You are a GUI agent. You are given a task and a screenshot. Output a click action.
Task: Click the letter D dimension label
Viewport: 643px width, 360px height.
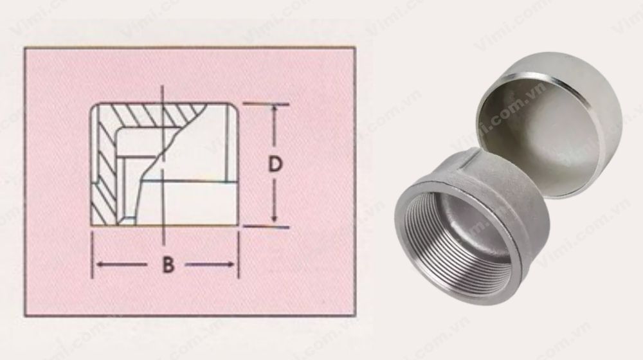pyautogui.click(x=275, y=165)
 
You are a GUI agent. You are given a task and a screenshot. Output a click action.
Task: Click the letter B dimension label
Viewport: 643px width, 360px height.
pyautogui.click(x=167, y=265)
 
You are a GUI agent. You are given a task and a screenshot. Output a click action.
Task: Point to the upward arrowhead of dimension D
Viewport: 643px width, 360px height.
pyautogui.click(x=275, y=111)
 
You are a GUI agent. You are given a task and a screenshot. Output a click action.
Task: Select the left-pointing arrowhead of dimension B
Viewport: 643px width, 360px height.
pyautogui.click(x=99, y=264)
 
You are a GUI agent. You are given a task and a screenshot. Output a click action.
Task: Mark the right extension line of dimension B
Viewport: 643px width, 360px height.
pyautogui.click(x=239, y=254)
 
